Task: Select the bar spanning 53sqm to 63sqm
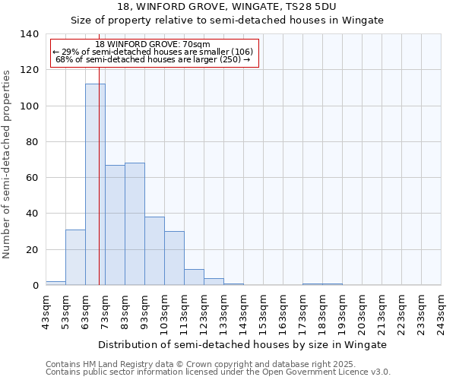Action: [x=75, y=257]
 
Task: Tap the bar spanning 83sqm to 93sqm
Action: [x=135, y=224]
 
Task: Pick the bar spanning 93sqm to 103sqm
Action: [x=154, y=251]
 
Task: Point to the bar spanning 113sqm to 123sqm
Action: [x=194, y=277]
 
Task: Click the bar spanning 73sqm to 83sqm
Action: [x=115, y=225]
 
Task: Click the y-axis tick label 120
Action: [x=29, y=70]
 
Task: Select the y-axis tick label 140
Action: [x=29, y=34]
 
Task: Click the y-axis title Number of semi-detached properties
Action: [x=8, y=164]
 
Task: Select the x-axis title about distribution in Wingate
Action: [x=242, y=344]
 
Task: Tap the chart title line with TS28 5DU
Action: [x=227, y=6]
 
